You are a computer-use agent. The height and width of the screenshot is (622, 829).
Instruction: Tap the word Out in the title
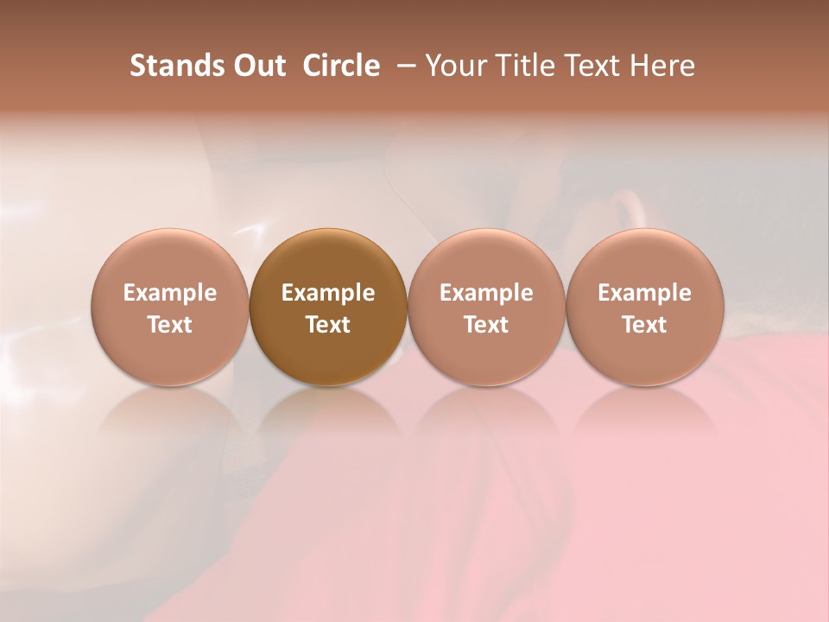coord(258,66)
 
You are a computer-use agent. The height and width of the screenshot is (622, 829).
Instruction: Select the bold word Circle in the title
coord(341,66)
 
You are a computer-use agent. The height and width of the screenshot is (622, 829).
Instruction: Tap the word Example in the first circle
coord(170,293)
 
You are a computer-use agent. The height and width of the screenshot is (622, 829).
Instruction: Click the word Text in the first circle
coord(170,325)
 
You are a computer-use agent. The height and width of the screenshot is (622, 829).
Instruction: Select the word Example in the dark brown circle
coord(328,293)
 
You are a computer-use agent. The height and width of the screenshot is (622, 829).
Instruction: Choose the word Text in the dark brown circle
coord(328,325)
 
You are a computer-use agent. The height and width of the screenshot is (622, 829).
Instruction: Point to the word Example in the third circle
coord(486,293)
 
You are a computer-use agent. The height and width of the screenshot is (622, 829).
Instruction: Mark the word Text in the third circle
coord(486,325)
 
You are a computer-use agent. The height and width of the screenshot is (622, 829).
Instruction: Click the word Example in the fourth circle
coord(644,293)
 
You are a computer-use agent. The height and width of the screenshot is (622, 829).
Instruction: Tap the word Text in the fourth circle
coord(644,325)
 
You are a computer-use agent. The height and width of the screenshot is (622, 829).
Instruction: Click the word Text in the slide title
coord(589,66)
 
